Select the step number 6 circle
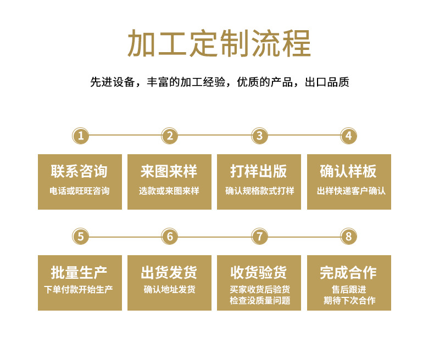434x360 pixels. pos(170,237)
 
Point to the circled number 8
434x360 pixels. pos(348,237)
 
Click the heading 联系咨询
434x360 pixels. pos(79,171)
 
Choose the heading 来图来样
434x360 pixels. pos(169,171)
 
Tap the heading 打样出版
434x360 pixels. pos(259,171)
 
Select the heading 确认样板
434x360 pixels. pos(348,171)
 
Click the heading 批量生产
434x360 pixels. pos(79,272)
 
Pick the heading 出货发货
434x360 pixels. pos(169,272)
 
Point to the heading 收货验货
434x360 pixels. pos(259,272)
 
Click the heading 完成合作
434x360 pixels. pos(348,272)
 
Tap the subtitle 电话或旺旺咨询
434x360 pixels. pos(79,191)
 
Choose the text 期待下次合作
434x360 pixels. pos(349,301)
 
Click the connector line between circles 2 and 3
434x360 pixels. pos(214,135)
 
